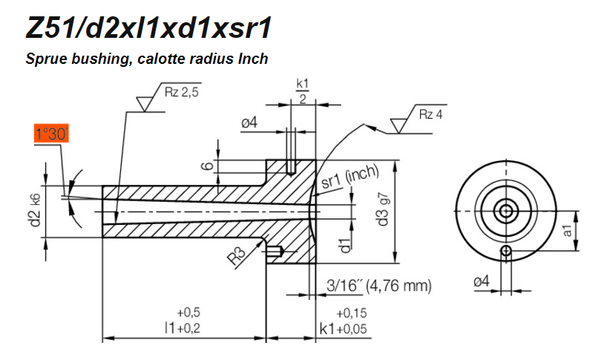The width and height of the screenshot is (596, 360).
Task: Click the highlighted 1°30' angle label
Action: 52,135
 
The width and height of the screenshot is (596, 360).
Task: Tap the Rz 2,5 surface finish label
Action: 181,93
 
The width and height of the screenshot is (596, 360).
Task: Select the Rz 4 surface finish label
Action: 433,114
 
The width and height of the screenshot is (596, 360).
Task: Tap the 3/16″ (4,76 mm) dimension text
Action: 379,285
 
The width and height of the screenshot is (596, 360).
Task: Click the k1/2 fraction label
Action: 302,91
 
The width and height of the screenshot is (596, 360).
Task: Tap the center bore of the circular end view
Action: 507,211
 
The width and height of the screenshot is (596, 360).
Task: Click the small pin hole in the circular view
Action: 507,251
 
